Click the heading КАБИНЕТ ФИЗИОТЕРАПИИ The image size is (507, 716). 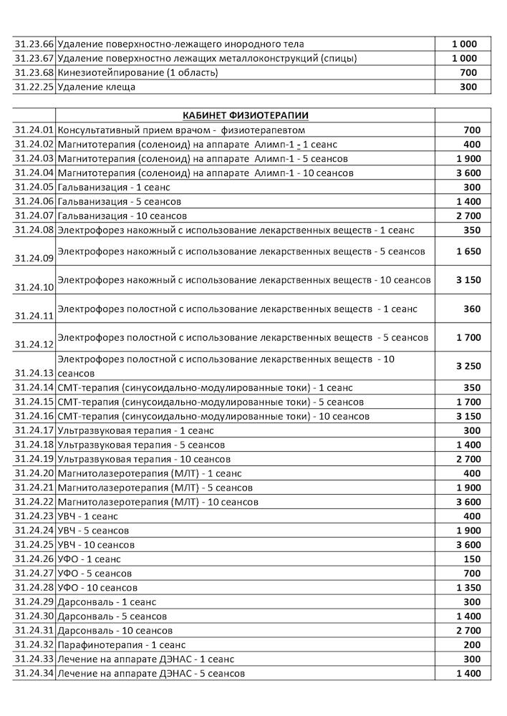(246, 115)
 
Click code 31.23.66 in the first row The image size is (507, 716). (34, 44)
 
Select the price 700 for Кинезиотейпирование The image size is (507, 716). (468, 73)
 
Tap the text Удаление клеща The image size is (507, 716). (97, 87)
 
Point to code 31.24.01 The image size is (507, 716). (34, 130)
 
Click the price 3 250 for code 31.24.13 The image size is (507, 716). (468, 366)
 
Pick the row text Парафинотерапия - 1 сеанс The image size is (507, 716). (121, 645)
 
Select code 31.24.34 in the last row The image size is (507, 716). (34, 674)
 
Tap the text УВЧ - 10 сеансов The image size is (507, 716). (96, 545)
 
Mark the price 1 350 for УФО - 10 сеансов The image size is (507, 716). (468, 588)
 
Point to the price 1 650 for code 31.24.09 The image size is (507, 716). (468, 251)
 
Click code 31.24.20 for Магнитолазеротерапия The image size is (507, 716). (34, 473)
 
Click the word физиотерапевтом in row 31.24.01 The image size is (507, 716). (264, 130)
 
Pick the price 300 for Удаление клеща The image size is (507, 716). (468, 87)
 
